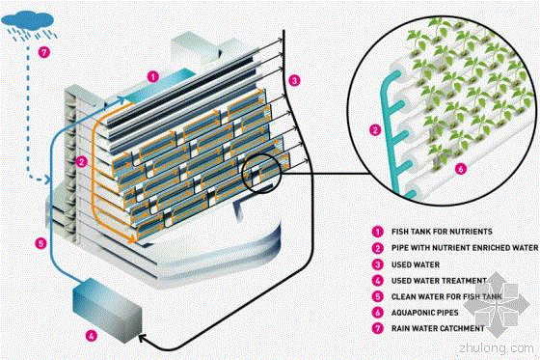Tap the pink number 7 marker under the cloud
(x=43, y=52)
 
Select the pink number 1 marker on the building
(x=153, y=76)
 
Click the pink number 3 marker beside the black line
(x=294, y=81)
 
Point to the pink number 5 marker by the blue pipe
(x=40, y=244)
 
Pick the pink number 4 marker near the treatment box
(x=92, y=335)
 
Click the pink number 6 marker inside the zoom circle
(x=461, y=169)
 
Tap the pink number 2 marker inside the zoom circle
(x=375, y=130)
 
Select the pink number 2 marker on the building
(x=82, y=162)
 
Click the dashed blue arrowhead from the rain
(x=48, y=180)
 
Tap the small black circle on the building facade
(x=261, y=174)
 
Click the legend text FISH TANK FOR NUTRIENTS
(x=442, y=232)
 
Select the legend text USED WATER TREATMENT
(x=439, y=281)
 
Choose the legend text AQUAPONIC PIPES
(x=425, y=313)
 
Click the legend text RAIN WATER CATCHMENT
(x=438, y=328)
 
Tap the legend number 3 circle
(x=378, y=264)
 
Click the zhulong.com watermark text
(x=497, y=347)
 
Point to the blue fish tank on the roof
(x=156, y=86)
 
